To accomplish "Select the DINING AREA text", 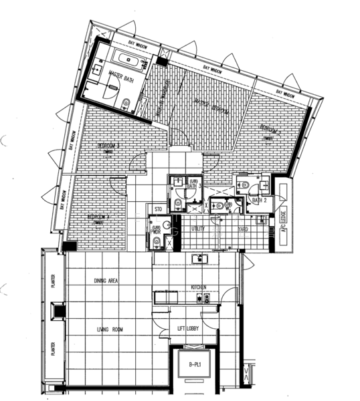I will pyautogui.click(x=106, y=281).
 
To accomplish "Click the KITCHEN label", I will pyautogui.click(x=198, y=287).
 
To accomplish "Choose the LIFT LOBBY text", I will pyautogui.click(x=190, y=329).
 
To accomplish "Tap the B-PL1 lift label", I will pyautogui.click(x=196, y=365).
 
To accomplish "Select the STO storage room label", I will pyautogui.click(x=159, y=210).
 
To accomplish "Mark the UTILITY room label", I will pyautogui.click(x=198, y=229).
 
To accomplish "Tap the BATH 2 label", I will pyautogui.click(x=260, y=200).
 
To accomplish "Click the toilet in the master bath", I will pyautogui.click(x=125, y=103).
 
